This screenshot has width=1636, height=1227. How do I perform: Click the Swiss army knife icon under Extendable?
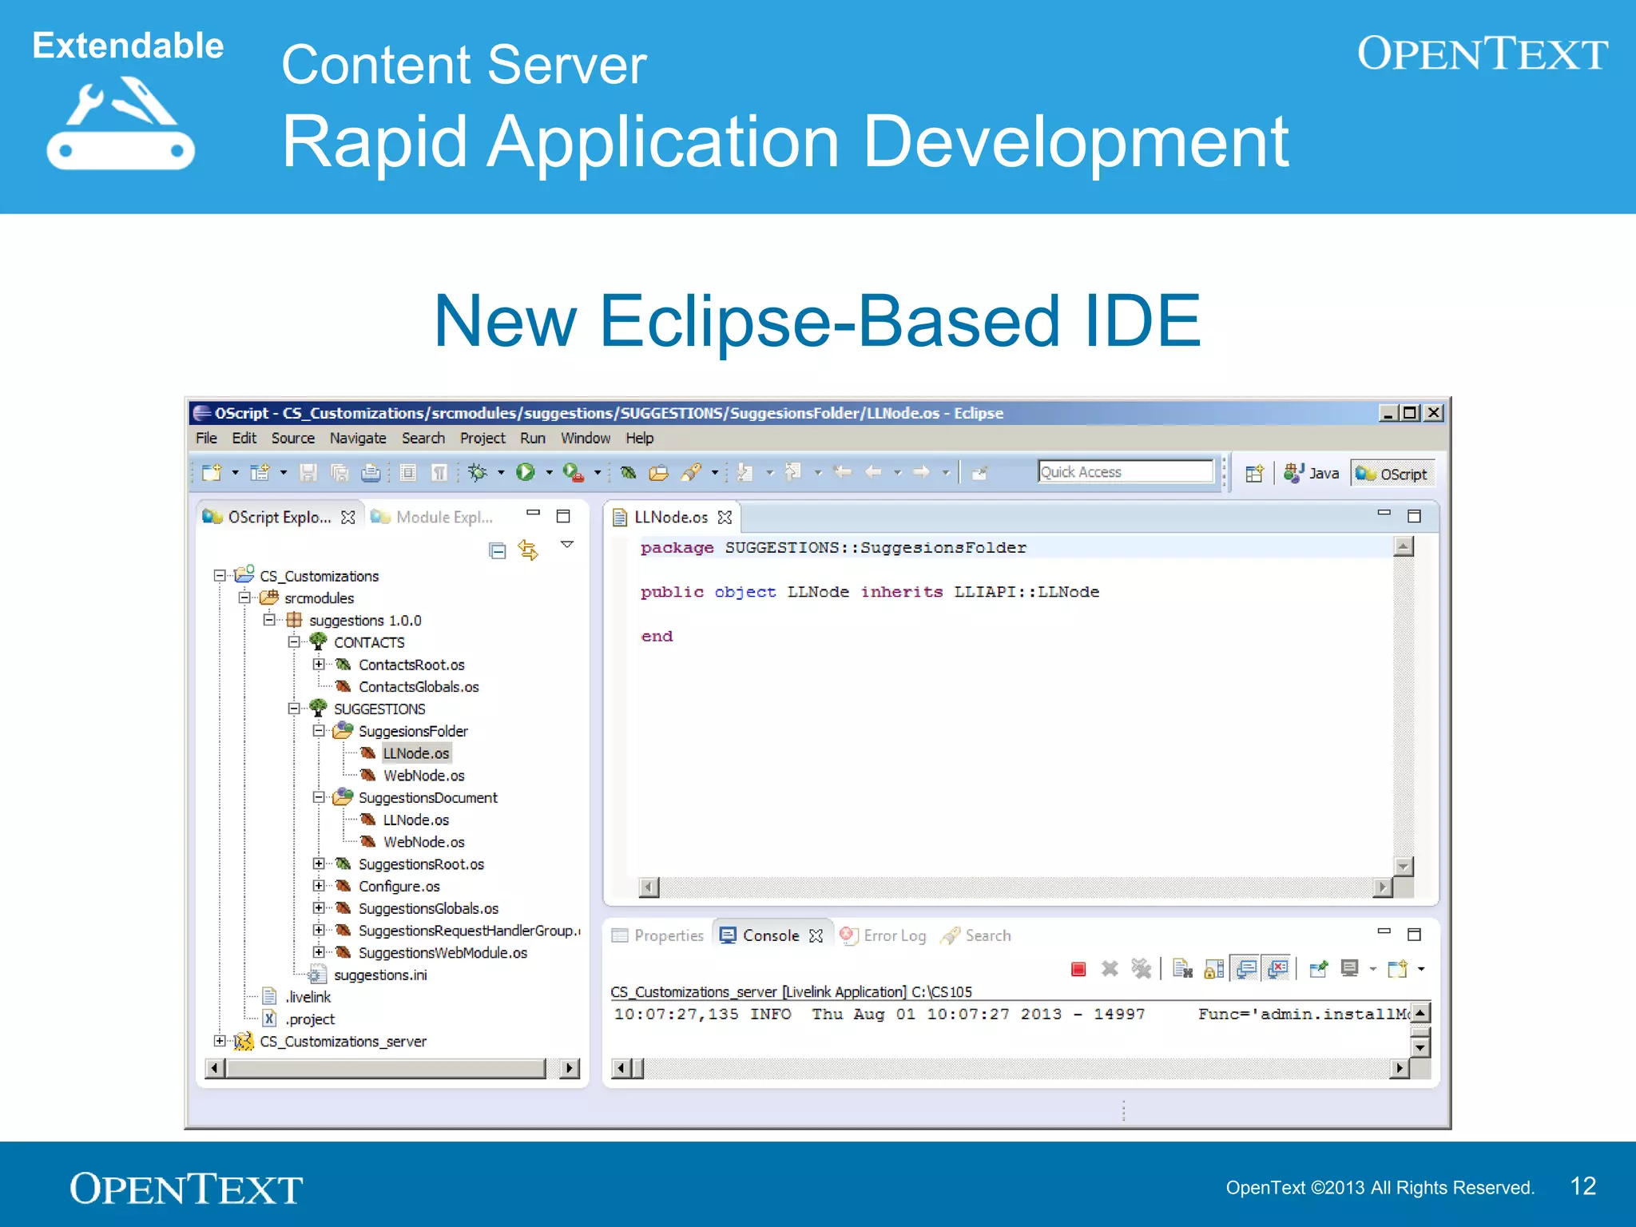point(120,124)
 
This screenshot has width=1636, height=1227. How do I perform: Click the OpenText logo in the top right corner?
point(1482,54)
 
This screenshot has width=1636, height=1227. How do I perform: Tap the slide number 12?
point(1582,1186)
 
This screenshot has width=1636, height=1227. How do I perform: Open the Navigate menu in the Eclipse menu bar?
point(357,438)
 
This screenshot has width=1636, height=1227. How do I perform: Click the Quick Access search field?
point(1125,472)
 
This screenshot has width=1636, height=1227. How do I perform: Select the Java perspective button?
point(1312,473)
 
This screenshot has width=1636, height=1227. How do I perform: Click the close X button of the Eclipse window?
point(1435,413)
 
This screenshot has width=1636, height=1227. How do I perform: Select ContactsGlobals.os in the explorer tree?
point(418,687)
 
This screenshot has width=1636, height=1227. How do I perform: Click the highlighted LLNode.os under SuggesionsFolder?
point(415,753)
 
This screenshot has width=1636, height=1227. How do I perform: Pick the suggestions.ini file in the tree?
point(379,975)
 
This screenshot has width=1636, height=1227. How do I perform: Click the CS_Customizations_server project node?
point(343,1042)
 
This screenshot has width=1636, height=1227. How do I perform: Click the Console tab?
point(769,935)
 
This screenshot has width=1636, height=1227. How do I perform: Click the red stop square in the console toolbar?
point(1078,969)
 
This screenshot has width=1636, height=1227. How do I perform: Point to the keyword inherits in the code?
point(901,592)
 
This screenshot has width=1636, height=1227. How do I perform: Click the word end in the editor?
point(657,637)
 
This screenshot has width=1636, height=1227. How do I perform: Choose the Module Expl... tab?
point(443,517)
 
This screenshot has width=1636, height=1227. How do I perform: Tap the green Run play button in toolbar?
point(526,472)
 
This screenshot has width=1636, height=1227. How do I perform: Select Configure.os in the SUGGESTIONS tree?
point(399,887)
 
